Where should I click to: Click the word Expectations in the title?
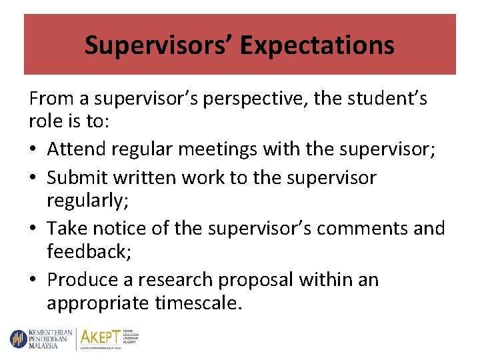(x=317, y=45)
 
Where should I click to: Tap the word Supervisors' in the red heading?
(x=159, y=45)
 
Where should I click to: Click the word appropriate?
(x=98, y=304)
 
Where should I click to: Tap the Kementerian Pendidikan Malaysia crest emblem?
(x=17, y=338)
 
